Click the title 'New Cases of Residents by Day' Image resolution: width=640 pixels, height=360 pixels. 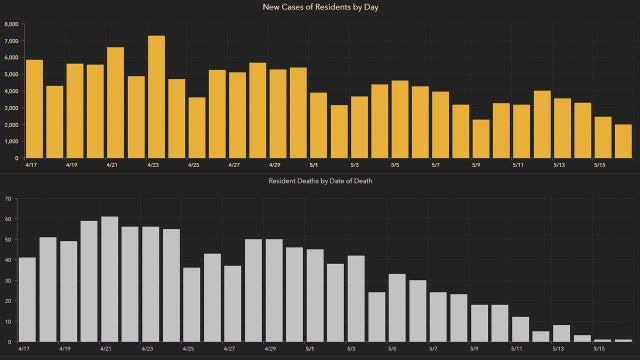[320, 7]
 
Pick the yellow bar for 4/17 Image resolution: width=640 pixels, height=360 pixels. [34, 109]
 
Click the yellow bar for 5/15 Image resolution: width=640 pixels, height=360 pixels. [602, 137]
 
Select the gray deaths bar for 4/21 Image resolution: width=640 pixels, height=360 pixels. [109, 280]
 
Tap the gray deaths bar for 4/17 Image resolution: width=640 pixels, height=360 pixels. [28, 300]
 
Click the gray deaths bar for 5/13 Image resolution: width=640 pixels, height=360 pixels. [561, 334]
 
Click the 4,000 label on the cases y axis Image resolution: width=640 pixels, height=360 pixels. [11, 91]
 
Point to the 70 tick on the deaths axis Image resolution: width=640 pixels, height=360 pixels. [8, 198]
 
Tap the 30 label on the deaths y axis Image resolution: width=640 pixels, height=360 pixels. [8, 281]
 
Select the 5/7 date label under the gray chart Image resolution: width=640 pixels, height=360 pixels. [433, 351]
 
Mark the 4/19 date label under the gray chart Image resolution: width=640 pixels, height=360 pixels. [66, 351]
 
